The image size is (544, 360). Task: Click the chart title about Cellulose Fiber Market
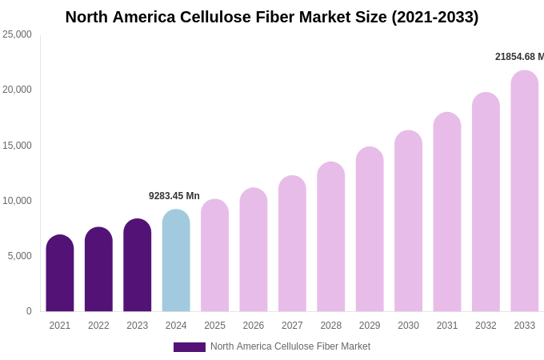(x=272, y=17)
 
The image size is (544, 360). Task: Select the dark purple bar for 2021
(x=60, y=274)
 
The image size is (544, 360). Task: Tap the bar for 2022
(x=98, y=270)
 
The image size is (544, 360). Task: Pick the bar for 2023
(x=138, y=266)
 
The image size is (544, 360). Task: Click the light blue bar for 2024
(x=176, y=261)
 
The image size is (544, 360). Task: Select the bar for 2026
(x=254, y=250)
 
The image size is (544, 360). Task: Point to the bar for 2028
(x=331, y=237)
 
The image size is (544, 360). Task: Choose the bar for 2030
(x=408, y=222)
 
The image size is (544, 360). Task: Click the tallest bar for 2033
(x=525, y=191)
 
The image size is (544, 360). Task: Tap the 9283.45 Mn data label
(x=174, y=196)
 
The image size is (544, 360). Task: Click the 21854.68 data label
(x=519, y=57)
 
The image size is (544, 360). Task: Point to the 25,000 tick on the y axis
(x=17, y=34)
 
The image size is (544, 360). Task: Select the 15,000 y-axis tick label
(x=17, y=146)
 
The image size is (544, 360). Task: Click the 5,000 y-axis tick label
(x=19, y=256)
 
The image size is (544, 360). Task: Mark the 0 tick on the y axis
(x=29, y=311)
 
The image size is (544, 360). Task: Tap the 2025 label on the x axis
(x=214, y=326)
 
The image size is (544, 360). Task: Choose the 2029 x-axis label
(x=370, y=326)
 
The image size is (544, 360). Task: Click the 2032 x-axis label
(x=486, y=326)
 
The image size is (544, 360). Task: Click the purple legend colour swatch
(x=190, y=347)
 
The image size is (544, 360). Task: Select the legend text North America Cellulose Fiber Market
(x=290, y=346)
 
